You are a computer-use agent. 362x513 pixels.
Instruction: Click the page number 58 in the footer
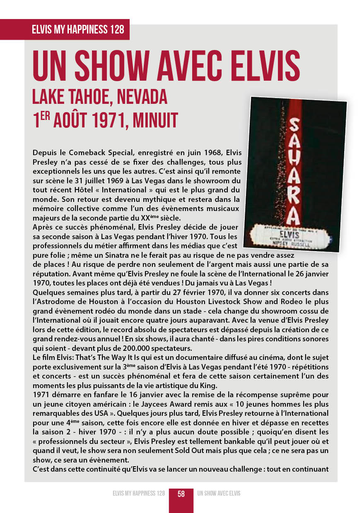point(181,494)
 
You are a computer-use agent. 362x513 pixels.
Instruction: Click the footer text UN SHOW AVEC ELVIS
point(219,494)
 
